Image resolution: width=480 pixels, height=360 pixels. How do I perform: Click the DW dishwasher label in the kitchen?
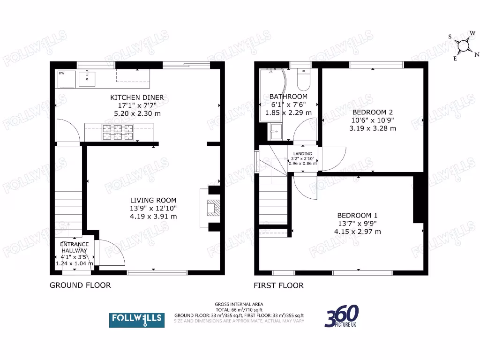point(61,73)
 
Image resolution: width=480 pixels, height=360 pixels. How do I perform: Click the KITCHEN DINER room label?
point(137,97)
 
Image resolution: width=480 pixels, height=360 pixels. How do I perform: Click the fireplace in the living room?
point(212,207)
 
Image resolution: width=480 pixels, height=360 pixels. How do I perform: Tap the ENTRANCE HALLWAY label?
point(75,247)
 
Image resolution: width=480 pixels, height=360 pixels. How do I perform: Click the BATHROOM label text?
point(288,97)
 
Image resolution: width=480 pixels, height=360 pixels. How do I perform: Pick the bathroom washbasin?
point(276,131)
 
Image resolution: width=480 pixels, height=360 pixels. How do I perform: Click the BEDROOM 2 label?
point(373,112)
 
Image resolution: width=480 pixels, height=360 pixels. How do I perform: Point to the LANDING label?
point(302,154)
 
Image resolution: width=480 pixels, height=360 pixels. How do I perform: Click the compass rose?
point(464,45)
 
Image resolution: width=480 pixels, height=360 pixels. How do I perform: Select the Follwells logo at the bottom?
point(137,320)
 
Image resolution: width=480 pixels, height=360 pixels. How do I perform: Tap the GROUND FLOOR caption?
point(80,285)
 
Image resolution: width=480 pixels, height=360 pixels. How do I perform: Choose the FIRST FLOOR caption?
point(278,285)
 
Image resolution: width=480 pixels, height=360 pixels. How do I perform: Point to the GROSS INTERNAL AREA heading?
point(239,304)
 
